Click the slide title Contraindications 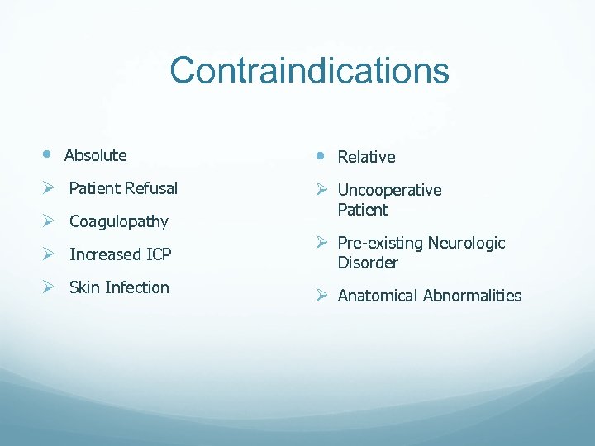(309, 71)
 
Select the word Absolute (96, 155)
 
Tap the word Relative (366, 157)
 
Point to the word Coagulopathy (119, 221)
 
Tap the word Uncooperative (389, 190)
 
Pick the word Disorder (368, 263)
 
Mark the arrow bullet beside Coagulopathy (49, 221)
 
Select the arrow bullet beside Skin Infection (49, 287)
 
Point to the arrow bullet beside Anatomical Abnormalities (322, 296)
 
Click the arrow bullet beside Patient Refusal (49, 188)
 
